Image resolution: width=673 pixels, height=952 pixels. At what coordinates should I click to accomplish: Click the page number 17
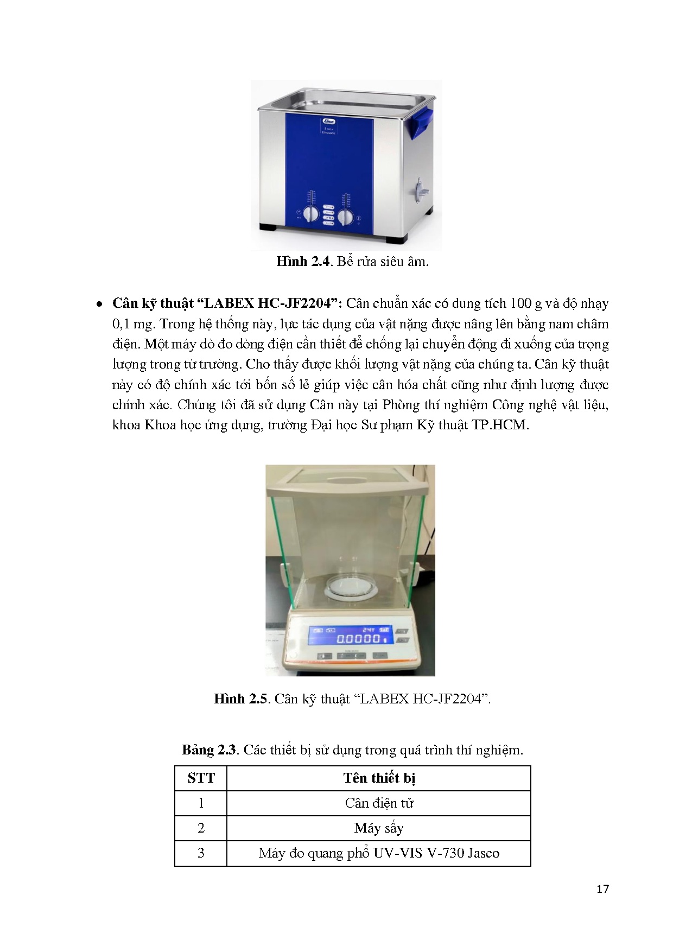(x=602, y=888)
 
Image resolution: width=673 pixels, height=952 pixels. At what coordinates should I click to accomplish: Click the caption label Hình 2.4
(x=303, y=262)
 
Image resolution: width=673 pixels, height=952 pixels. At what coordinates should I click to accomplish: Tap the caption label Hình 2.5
(x=240, y=699)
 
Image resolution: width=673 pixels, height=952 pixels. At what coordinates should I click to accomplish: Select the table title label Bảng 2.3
(x=209, y=750)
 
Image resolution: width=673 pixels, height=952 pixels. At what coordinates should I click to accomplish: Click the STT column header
(x=201, y=778)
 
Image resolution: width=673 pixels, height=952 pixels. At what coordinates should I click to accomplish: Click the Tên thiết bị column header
(x=379, y=778)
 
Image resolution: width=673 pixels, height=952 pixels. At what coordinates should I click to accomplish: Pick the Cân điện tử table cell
(x=379, y=803)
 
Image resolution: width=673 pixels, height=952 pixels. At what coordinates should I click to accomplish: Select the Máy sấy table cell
(x=379, y=828)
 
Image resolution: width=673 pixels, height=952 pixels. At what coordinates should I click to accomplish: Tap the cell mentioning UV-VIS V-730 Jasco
(x=379, y=853)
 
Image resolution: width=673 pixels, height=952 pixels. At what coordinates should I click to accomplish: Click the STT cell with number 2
(x=201, y=828)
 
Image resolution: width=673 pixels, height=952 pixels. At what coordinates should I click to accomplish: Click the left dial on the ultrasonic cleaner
(x=310, y=214)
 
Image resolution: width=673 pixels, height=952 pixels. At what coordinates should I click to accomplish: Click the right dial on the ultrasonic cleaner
(x=345, y=217)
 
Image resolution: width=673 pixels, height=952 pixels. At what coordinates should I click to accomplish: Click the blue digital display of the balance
(x=350, y=635)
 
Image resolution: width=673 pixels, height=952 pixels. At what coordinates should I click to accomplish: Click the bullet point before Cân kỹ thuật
(x=99, y=304)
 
